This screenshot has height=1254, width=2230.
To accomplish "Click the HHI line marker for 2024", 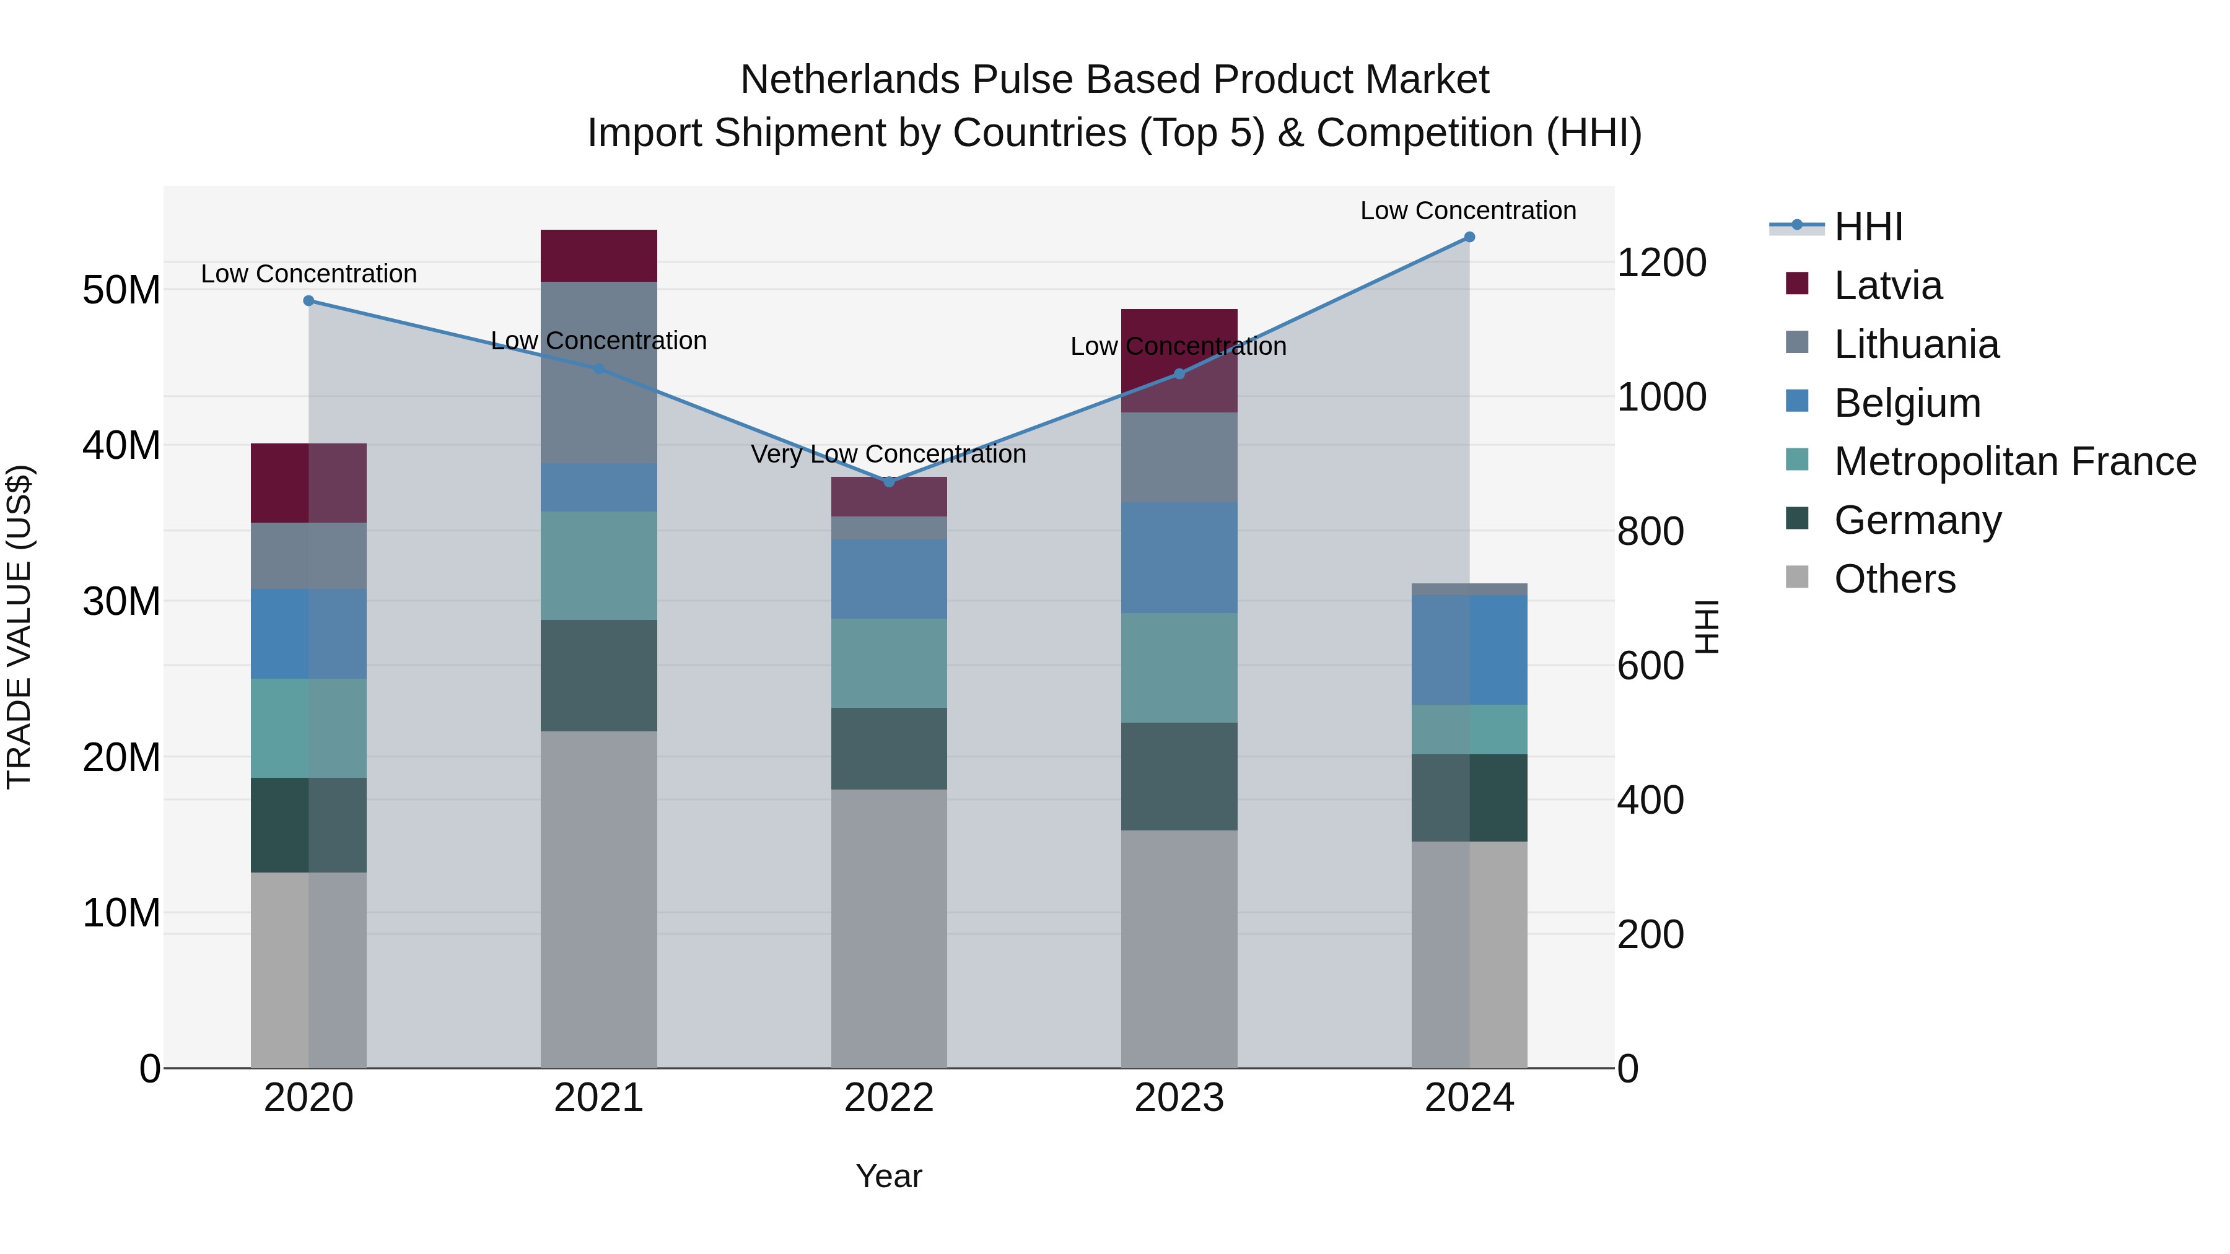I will point(1469,237).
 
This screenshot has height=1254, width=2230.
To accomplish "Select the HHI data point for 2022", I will point(889,482).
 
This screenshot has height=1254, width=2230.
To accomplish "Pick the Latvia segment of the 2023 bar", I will point(1179,360).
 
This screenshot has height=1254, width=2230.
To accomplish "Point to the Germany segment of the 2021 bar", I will point(598,675).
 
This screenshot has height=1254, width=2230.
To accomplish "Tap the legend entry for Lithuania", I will point(1916,344).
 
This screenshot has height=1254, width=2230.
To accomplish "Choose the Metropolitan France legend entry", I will point(2014,461).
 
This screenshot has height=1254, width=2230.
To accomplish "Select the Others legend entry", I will point(1894,579).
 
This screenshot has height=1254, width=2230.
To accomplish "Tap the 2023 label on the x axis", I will point(1179,1098).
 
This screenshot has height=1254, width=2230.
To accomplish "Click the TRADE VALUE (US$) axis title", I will point(19,627).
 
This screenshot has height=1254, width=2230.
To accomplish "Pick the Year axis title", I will point(889,1176).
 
